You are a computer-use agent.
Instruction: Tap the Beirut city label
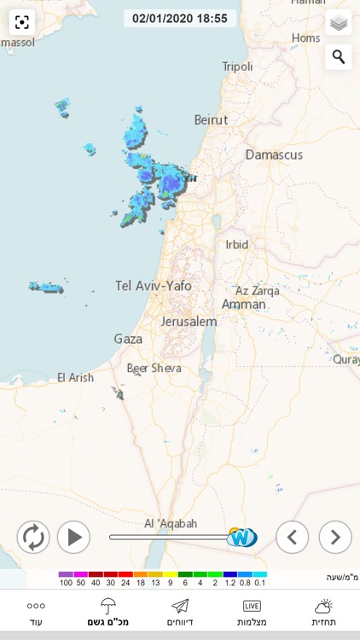(212, 119)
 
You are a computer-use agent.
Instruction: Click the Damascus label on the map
(274, 154)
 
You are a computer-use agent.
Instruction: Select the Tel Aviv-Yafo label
(154, 286)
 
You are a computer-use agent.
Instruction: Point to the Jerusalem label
(189, 322)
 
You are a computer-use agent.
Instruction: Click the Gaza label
(128, 339)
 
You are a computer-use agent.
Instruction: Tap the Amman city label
(243, 304)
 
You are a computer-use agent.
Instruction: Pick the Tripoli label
(237, 66)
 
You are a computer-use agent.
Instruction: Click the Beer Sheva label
(154, 368)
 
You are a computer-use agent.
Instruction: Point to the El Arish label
(75, 377)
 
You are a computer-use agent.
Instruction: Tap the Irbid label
(236, 244)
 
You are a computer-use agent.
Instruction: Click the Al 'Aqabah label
(171, 523)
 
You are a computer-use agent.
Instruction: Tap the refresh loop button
(33, 537)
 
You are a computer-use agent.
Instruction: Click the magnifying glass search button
(339, 57)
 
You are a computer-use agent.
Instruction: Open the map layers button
(339, 23)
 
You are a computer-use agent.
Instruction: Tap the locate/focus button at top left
(21, 23)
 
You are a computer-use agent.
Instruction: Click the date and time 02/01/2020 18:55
(179, 18)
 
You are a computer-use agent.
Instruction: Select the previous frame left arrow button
(292, 537)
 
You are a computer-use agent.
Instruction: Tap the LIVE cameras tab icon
(252, 606)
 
